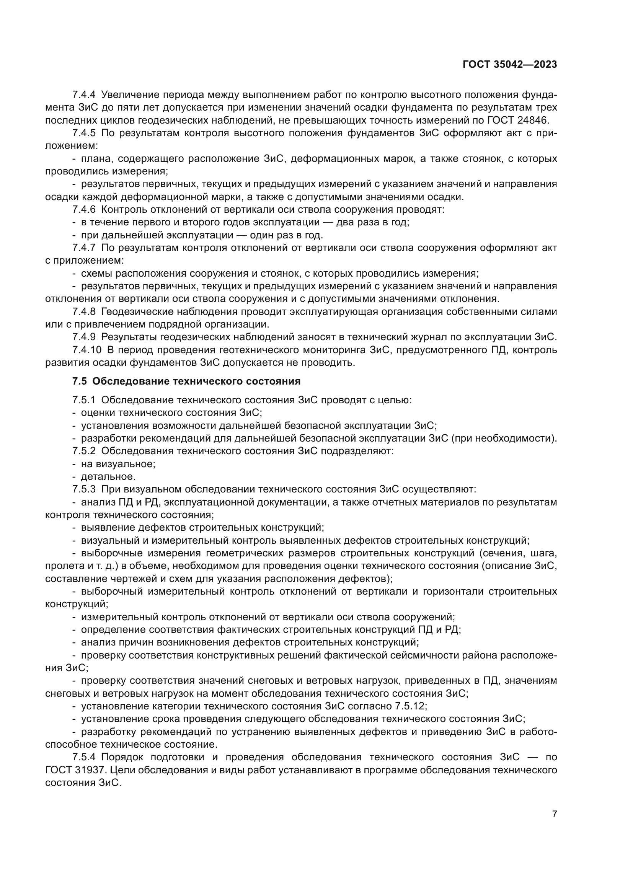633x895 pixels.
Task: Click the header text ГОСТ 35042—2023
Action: (x=510, y=65)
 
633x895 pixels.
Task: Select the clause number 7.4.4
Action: (x=83, y=95)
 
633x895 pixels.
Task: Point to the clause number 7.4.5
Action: (x=83, y=133)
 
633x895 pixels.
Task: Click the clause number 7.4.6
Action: (x=83, y=210)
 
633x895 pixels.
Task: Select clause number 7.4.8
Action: (x=83, y=311)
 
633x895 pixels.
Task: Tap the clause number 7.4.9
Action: (x=83, y=337)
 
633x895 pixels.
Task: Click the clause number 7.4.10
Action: (x=86, y=350)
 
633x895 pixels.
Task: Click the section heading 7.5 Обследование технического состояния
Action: (x=186, y=381)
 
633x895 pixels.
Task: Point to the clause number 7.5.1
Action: (x=83, y=400)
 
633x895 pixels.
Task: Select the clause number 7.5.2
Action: (x=83, y=451)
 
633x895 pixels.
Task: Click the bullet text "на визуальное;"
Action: (x=118, y=464)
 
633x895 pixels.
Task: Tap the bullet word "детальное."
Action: (x=108, y=476)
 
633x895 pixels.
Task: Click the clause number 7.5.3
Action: (x=83, y=489)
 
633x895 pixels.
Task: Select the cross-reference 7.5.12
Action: (x=411, y=706)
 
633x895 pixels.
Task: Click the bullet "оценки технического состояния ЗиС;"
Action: (x=171, y=413)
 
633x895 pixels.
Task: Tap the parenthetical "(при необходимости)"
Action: (x=503, y=439)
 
